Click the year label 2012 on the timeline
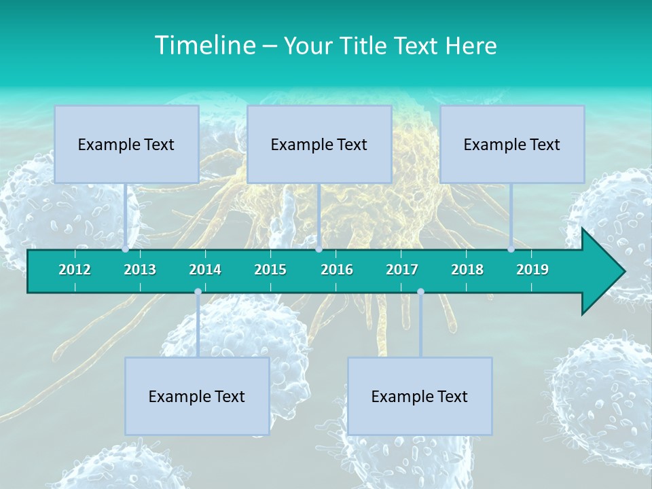[75, 270]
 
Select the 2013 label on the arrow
[140, 270]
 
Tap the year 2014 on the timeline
[205, 270]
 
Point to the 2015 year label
[270, 270]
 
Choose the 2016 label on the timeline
[337, 270]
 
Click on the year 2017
[402, 270]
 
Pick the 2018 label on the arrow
[467, 270]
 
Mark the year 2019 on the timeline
[532, 270]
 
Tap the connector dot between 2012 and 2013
[126, 249]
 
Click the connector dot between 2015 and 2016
[319, 249]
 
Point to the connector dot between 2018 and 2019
[511, 249]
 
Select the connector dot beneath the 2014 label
[198, 292]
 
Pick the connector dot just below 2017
[420, 292]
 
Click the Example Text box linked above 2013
[126, 144]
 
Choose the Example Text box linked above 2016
[319, 144]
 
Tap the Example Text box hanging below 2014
[197, 396]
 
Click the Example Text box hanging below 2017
[420, 396]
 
